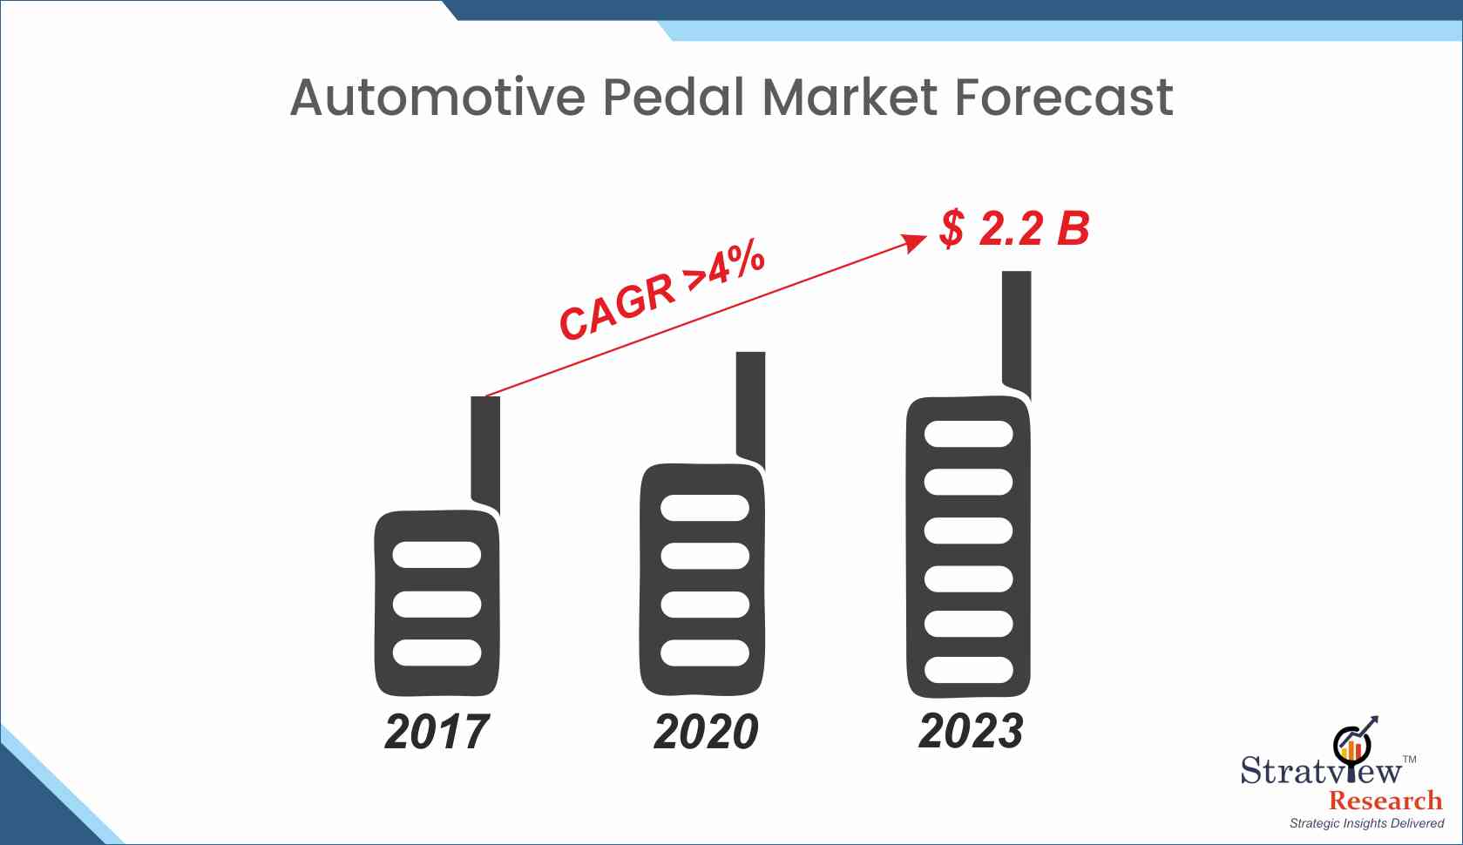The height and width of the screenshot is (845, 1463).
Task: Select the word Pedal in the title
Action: [674, 97]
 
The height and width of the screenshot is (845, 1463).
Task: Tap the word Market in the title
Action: [850, 97]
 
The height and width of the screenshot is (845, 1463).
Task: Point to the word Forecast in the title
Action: [1064, 98]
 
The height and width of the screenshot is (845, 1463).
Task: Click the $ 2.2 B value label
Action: [1014, 228]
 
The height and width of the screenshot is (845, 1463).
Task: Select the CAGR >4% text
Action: [661, 288]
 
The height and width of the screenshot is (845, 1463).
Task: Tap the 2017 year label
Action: [437, 732]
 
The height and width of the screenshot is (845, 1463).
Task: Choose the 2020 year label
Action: [706, 732]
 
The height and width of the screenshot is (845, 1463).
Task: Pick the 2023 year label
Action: [971, 730]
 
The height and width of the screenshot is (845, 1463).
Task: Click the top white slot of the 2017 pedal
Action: [437, 554]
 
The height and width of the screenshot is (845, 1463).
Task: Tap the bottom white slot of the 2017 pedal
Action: [437, 653]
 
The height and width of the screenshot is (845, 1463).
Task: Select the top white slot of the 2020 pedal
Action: [705, 508]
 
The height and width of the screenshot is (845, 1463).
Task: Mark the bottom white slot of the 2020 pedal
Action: [705, 653]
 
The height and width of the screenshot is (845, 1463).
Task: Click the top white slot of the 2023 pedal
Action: [969, 434]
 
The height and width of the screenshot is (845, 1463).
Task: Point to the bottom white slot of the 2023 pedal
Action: [969, 670]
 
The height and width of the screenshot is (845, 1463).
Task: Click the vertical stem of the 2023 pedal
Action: [1017, 333]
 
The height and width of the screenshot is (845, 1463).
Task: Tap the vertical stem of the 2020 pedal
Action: [751, 409]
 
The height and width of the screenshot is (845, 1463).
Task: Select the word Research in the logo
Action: [1386, 801]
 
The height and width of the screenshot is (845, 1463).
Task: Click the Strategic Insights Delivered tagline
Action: [1367, 823]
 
